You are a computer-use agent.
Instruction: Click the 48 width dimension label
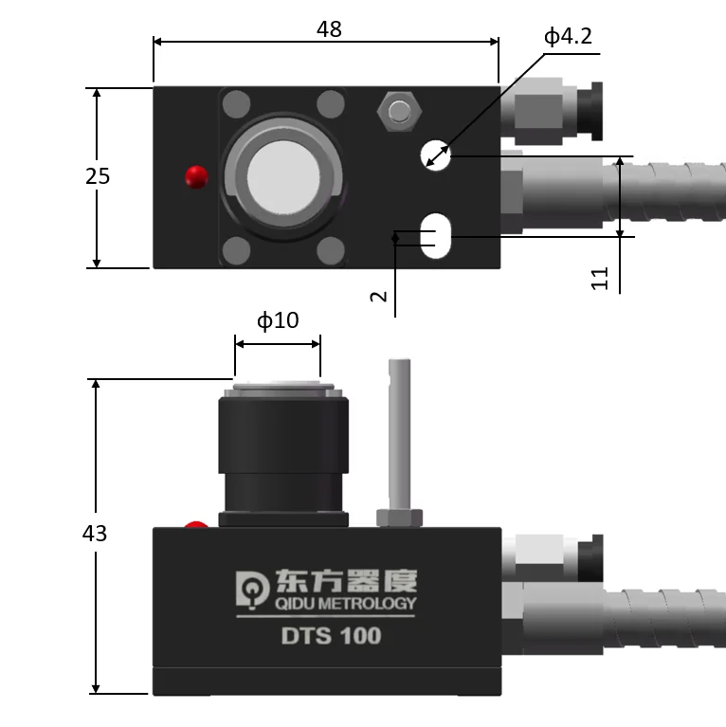click(329, 29)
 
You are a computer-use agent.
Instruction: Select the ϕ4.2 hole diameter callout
click(568, 37)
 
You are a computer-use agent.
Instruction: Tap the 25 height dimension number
click(98, 176)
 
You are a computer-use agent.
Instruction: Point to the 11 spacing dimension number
click(600, 278)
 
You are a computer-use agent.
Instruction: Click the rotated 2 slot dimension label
click(379, 296)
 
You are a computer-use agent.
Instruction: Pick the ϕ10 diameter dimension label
click(278, 320)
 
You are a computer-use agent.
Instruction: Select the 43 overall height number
click(95, 534)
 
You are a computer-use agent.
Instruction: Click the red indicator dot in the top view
click(196, 175)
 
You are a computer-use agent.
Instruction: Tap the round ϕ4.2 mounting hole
click(436, 154)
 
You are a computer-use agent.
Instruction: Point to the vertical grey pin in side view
click(399, 432)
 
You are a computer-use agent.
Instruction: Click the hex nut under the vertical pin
click(399, 518)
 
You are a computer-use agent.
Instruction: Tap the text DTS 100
click(331, 636)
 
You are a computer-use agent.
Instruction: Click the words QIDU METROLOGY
click(343, 604)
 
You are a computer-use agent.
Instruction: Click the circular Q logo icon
click(250, 589)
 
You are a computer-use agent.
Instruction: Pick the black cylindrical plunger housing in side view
click(282, 455)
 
